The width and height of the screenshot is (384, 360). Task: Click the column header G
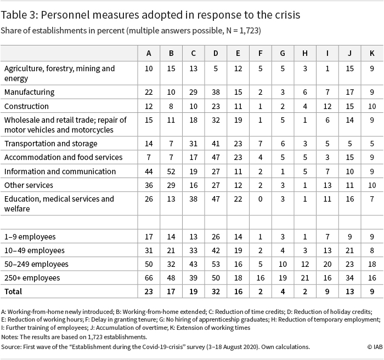pyautogui.click(x=283, y=53)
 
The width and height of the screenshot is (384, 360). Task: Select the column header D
pyautogui.click(x=216, y=53)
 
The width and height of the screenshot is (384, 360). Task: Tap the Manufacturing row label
pyautogui.click(x=30, y=92)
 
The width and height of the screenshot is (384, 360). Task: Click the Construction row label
pyautogui.click(x=26, y=106)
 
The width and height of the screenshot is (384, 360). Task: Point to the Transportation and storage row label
pyautogui.click(x=50, y=144)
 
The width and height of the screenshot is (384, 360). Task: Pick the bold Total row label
pyautogui.click(x=13, y=292)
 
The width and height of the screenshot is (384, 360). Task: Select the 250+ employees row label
pyautogui.click(x=32, y=278)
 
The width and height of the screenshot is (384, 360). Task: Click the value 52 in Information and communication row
pyautogui.click(x=171, y=172)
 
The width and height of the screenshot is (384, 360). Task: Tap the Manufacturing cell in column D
pyautogui.click(x=216, y=92)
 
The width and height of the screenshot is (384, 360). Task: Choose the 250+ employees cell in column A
pyautogui.click(x=149, y=278)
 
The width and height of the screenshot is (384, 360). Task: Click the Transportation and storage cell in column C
pyautogui.click(x=193, y=144)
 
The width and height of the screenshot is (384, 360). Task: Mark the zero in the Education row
pyautogui.click(x=261, y=199)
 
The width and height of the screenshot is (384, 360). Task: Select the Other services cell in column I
pyautogui.click(x=327, y=185)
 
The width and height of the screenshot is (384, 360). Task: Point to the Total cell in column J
pyautogui.click(x=349, y=292)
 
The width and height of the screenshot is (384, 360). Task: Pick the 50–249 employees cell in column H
pyautogui.click(x=305, y=264)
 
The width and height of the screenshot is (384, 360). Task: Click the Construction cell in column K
pyautogui.click(x=372, y=106)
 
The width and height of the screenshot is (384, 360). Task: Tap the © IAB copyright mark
pyautogui.click(x=375, y=347)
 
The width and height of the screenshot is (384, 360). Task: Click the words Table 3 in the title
pyautogui.click(x=19, y=15)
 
